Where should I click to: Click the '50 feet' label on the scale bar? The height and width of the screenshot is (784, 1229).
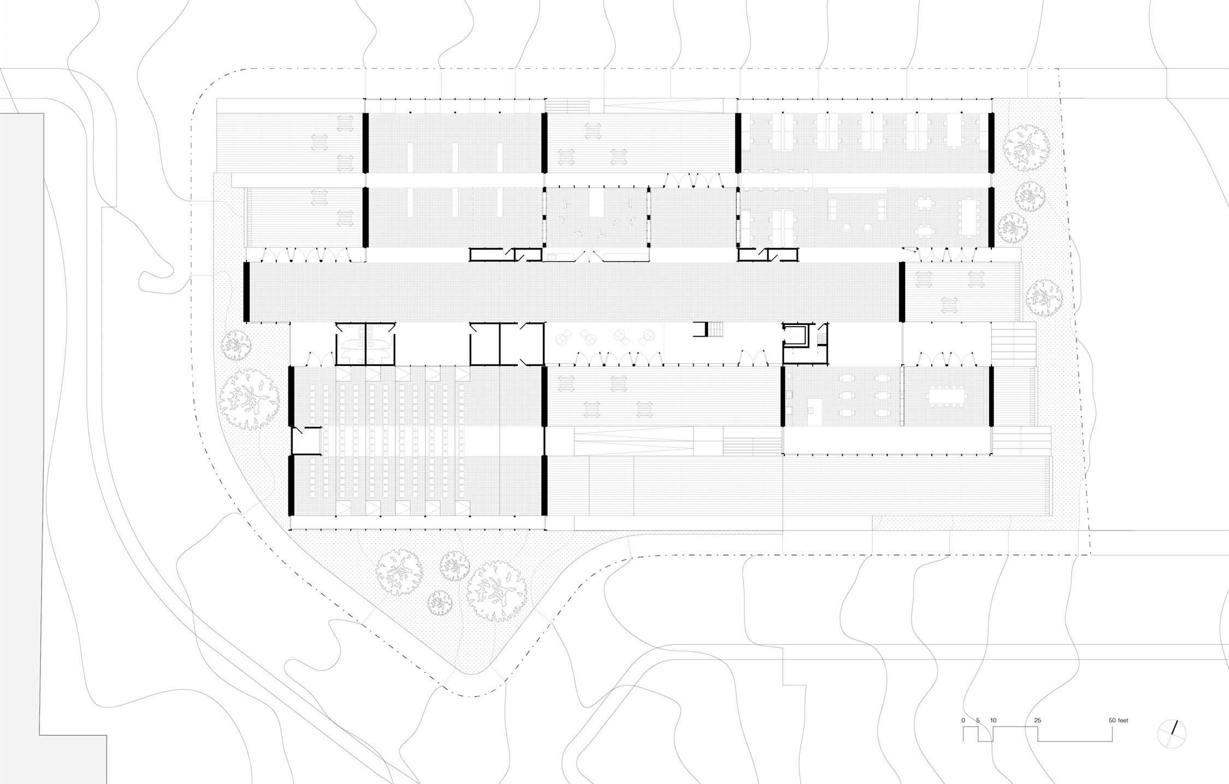[1118, 720]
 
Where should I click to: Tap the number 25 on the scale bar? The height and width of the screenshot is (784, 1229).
[1037, 720]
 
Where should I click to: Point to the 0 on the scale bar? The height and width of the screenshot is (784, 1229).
[964, 720]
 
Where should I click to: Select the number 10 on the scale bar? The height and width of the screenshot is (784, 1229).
[993, 720]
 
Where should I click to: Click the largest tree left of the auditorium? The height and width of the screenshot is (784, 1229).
[249, 398]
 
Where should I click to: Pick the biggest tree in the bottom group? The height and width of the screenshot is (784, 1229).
[496, 591]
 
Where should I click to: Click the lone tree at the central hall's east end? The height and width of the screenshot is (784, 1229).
[1043, 298]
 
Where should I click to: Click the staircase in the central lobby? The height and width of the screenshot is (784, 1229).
[715, 329]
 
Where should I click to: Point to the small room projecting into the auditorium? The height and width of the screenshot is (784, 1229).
[306, 440]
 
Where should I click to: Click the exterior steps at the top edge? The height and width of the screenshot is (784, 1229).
[568, 105]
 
